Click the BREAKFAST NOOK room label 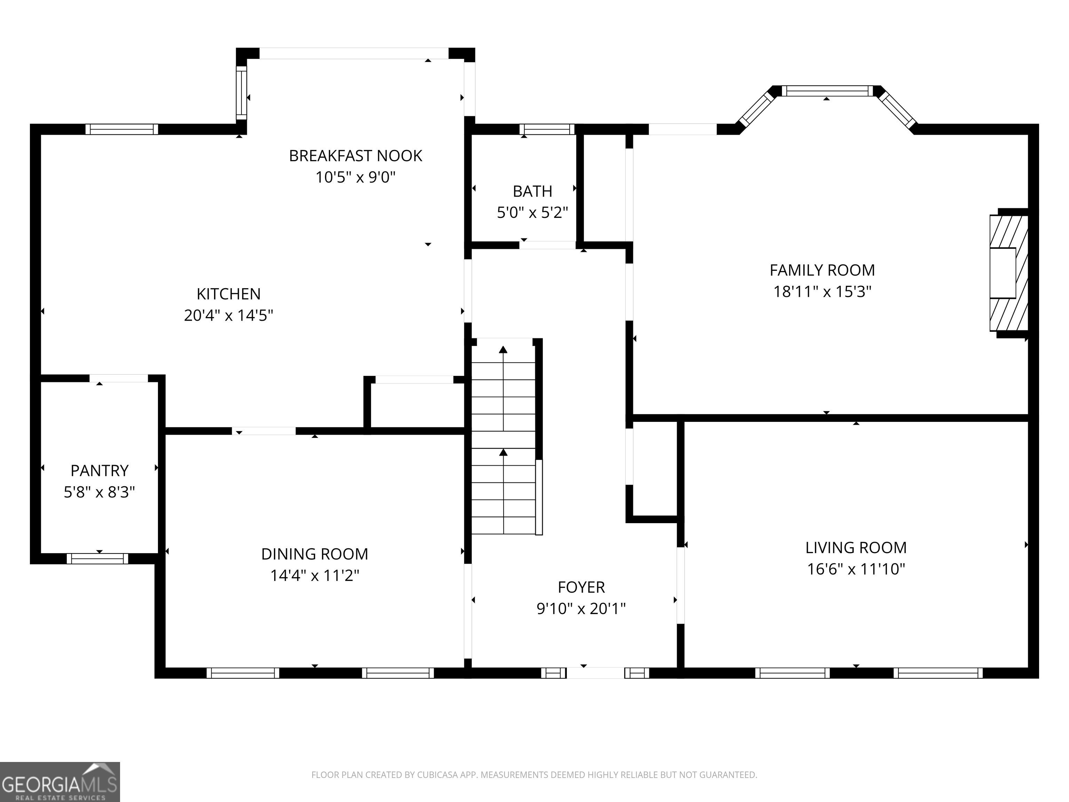[x=356, y=156]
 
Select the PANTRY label [x=100, y=470]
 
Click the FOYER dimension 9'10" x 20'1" [x=581, y=608]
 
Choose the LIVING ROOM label [x=856, y=548]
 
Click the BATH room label [x=532, y=191]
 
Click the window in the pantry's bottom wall [x=98, y=559]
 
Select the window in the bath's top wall [x=547, y=129]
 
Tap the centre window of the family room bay [x=828, y=91]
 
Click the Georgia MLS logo [x=60, y=782]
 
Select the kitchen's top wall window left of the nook [x=122, y=129]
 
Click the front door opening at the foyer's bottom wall [x=595, y=673]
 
